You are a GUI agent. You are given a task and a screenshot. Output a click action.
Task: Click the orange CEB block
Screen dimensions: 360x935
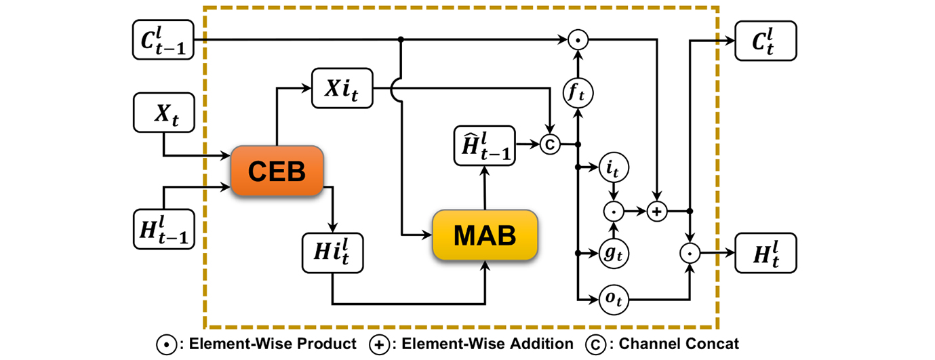[277, 172]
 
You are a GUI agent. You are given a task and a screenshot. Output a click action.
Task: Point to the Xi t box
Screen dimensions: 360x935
[342, 87]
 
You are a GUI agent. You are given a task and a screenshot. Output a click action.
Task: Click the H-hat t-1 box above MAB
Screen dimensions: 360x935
[483, 145]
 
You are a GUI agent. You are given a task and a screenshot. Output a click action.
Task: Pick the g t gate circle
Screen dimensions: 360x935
[613, 253]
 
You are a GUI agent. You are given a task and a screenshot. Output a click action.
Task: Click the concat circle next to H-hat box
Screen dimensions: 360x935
[549, 144]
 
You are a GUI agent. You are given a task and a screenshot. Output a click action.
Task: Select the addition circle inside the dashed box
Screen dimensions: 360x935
[656, 212]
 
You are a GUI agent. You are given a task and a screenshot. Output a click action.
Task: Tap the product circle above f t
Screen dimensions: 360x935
[578, 40]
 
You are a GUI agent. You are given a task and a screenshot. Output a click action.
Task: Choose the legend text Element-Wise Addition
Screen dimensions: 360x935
[486, 344]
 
